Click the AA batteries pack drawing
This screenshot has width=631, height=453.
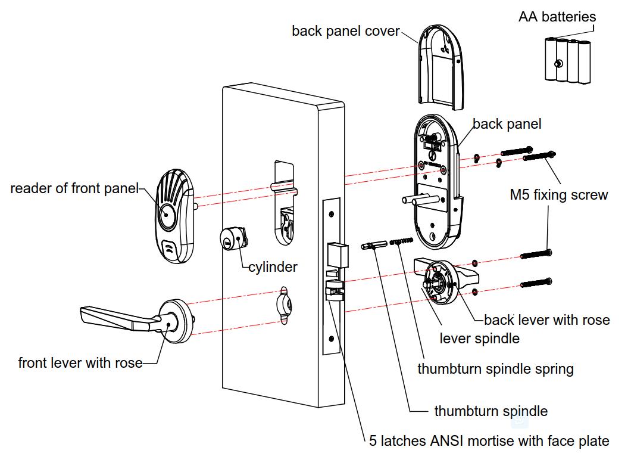pos(568,60)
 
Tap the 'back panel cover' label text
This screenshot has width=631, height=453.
pos(345,31)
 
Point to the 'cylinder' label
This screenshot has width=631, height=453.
pos(273,267)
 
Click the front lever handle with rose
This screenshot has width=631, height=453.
pos(137,318)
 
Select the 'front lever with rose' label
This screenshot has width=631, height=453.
pos(80,362)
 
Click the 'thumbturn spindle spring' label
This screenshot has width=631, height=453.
pos(495,369)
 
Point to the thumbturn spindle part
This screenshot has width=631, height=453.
pos(374,246)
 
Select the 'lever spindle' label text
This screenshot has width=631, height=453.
pos(479,339)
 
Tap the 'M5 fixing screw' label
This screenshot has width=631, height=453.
pos(559,195)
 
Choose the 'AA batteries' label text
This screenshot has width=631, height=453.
pos(557,17)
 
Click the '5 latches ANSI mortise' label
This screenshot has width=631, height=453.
pos(489,441)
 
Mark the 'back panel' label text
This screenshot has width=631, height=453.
pos(507,124)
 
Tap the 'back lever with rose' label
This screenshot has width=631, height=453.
pos(546,320)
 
